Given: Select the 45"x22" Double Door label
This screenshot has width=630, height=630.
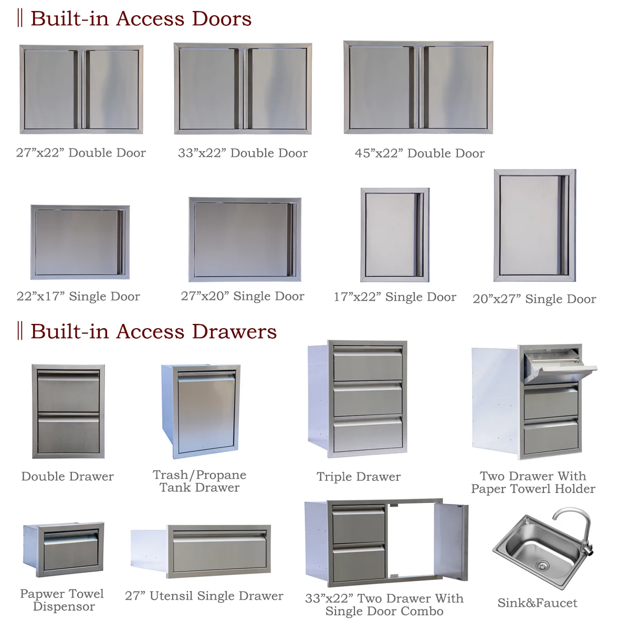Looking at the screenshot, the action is [x=419, y=153].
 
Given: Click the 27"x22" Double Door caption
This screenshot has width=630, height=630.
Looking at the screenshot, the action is [x=81, y=153].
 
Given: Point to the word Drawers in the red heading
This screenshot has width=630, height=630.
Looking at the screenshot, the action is [x=234, y=331].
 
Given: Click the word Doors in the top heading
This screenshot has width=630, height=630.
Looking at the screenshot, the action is [x=222, y=18].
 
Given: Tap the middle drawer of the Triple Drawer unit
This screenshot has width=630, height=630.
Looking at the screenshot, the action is [x=368, y=399].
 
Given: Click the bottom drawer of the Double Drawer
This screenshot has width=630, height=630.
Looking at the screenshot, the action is [x=68, y=433].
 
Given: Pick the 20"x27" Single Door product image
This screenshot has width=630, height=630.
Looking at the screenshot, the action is [x=535, y=225].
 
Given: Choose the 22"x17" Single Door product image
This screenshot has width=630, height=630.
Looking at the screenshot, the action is [x=80, y=242].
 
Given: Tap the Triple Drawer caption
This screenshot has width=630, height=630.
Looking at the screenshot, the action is [x=359, y=477].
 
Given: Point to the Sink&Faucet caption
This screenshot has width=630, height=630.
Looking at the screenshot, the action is [x=537, y=603].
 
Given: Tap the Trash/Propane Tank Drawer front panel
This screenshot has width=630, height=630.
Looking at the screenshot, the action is [x=207, y=414].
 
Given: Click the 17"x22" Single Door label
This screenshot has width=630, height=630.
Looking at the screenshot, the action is [x=395, y=297].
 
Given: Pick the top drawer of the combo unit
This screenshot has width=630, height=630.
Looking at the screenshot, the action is [x=359, y=524].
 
